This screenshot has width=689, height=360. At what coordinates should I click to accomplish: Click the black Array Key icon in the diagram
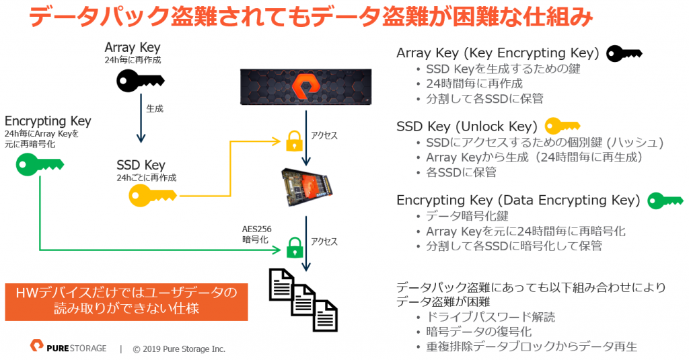(x=140, y=81)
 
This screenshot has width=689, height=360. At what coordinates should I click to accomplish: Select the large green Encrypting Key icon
(x=40, y=164)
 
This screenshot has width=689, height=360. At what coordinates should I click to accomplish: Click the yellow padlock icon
(x=294, y=141)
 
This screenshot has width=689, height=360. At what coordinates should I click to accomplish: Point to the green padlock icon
(x=295, y=248)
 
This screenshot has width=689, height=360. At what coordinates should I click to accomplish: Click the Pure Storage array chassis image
(x=306, y=87)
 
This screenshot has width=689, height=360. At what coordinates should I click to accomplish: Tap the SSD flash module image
(x=306, y=186)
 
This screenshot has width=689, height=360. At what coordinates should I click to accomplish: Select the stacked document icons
(x=303, y=299)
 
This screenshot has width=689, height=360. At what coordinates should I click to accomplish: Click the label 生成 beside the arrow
(x=155, y=108)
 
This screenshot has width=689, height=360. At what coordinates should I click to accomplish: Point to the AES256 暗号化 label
(x=256, y=234)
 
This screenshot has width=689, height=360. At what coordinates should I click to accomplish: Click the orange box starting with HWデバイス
(x=126, y=301)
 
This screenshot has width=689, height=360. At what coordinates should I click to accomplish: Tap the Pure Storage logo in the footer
(x=69, y=347)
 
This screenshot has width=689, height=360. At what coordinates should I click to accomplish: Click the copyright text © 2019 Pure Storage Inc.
(x=179, y=349)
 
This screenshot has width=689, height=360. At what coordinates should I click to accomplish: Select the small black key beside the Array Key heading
(x=624, y=54)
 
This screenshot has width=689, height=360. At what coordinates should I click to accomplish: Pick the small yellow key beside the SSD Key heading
(x=563, y=126)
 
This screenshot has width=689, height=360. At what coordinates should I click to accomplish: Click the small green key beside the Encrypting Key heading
(x=665, y=201)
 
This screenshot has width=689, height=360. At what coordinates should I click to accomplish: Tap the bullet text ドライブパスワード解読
(x=491, y=317)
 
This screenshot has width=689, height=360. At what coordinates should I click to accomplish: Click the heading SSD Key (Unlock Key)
(x=467, y=127)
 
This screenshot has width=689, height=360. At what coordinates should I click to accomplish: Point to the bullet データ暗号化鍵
(x=467, y=216)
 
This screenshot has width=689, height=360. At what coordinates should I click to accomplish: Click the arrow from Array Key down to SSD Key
(x=141, y=118)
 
